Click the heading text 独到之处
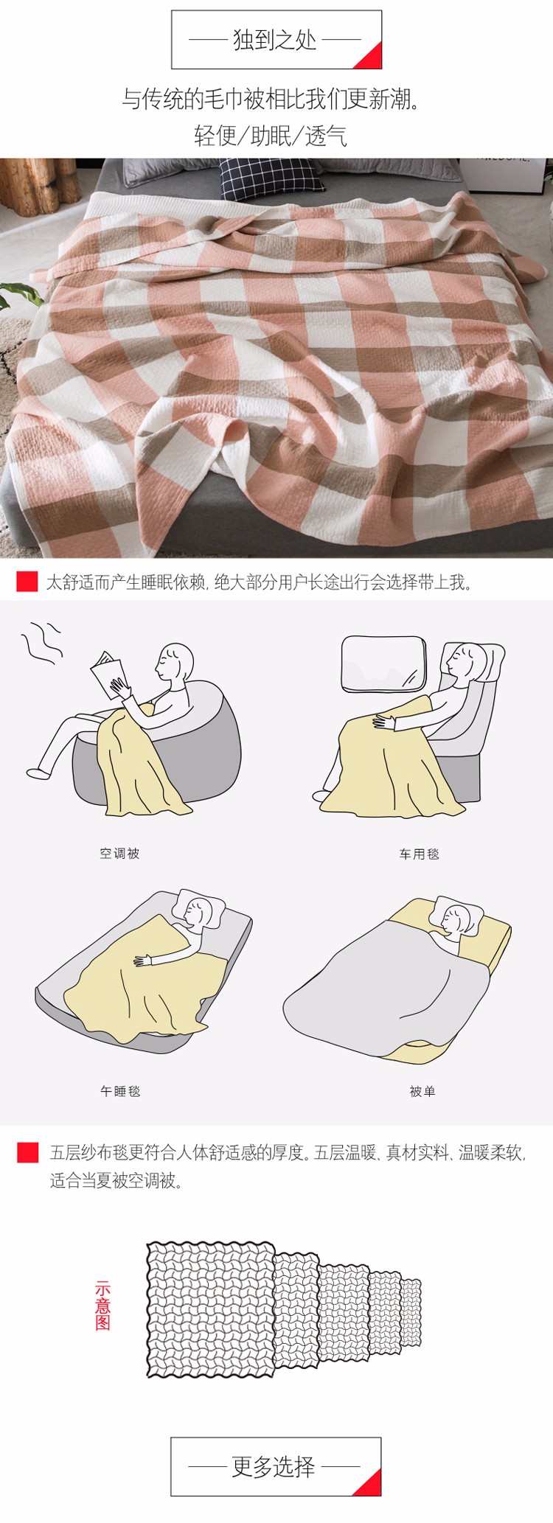(275, 40)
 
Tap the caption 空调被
(119, 854)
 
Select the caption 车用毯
(420, 854)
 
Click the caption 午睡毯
(120, 1091)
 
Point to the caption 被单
(422, 1091)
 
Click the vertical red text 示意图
(102, 1306)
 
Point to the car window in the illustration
(383, 664)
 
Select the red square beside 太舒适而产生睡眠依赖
(27, 582)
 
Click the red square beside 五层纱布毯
(28, 1152)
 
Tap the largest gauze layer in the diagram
(210, 1309)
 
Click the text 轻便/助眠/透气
(271, 136)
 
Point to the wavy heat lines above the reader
(41, 643)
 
